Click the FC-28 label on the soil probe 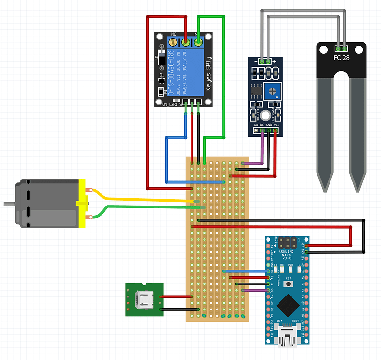tap(342, 59)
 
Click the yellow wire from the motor tap(144, 198)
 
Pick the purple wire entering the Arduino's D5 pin tap(255, 290)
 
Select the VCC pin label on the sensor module tap(275, 124)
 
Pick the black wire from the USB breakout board tap(176, 309)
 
